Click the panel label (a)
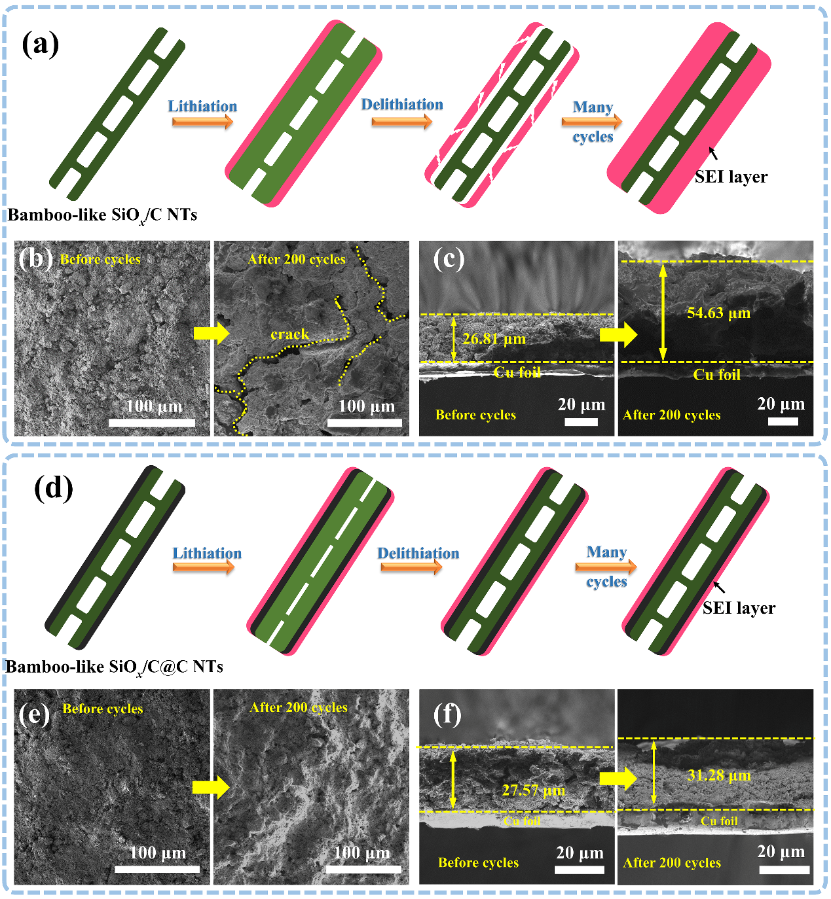point(41,44)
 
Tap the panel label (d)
point(54,489)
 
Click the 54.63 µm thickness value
point(718,313)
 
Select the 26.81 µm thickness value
point(494,338)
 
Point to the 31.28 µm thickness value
point(719,775)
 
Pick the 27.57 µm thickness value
point(534,790)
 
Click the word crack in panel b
point(289,334)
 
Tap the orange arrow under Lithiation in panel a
point(202,121)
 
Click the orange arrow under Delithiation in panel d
point(411,567)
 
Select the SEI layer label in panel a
point(731,177)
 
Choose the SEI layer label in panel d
point(739,608)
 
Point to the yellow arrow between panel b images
point(212,334)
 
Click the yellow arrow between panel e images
point(211,788)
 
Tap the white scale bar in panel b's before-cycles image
point(152,423)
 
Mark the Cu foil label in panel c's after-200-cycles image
point(717,374)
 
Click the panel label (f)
point(447,714)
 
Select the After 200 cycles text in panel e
point(299,707)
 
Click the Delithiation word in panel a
point(402,104)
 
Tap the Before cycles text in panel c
point(476,415)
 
